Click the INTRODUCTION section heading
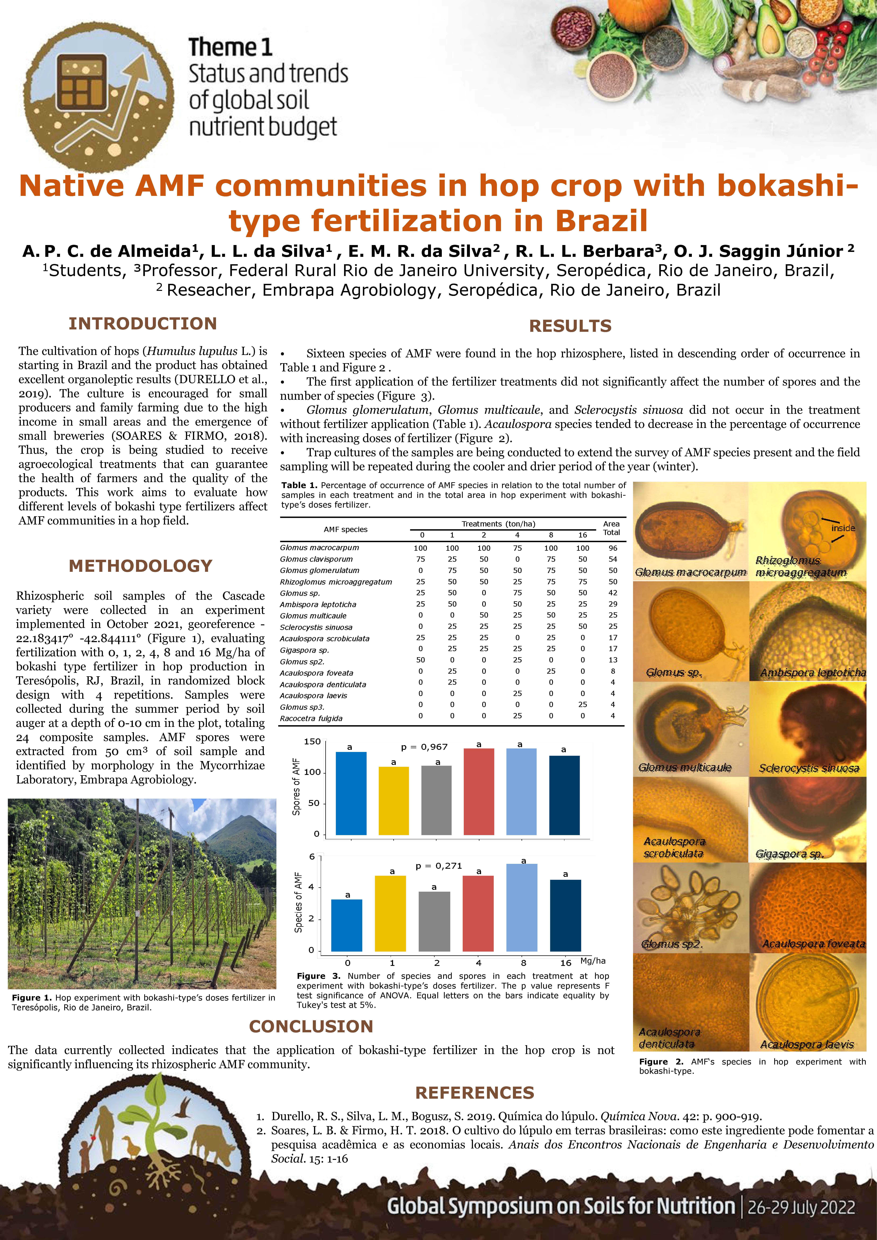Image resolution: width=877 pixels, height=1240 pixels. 143,323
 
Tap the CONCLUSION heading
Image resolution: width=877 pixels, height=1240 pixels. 311,1026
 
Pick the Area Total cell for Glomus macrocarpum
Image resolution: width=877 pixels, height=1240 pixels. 612,548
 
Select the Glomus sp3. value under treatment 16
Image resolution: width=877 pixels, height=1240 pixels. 582,704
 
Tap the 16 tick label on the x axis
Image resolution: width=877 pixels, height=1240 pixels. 565,962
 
